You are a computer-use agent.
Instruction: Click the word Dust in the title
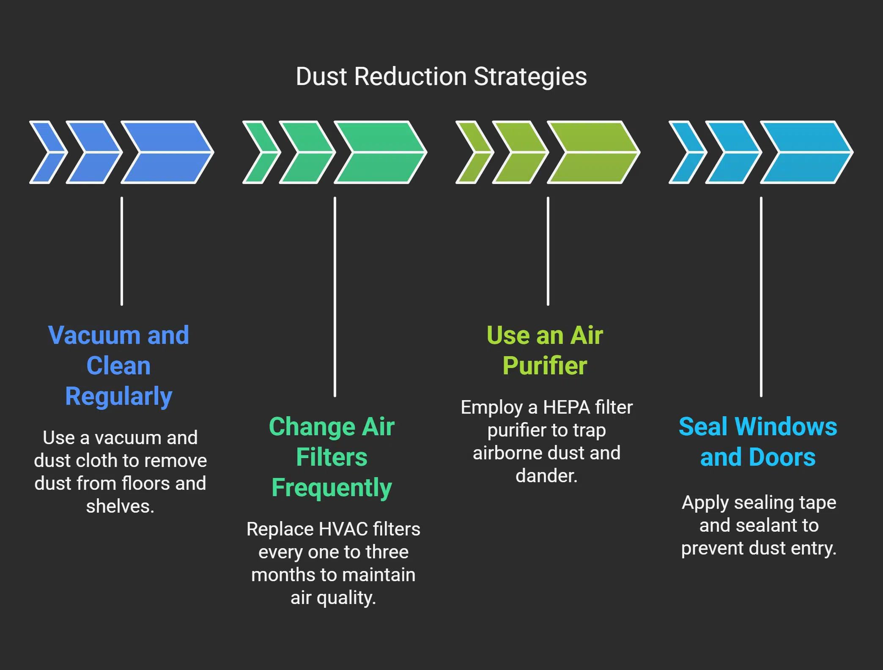tap(321, 77)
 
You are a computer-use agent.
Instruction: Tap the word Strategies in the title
tap(530, 77)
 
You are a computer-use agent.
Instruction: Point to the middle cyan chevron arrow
tap(732, 152)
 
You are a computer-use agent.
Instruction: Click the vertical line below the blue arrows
tap(122, 251)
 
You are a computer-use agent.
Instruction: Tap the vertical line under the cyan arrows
tap(761, 296)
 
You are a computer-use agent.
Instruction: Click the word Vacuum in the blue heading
tap(94, 335)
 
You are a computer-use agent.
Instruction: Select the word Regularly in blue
tap(119, 396)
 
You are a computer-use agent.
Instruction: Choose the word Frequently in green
tap(332, 488)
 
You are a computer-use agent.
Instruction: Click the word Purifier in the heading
tap(545, 366)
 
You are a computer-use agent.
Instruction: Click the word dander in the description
tap(545, 476)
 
